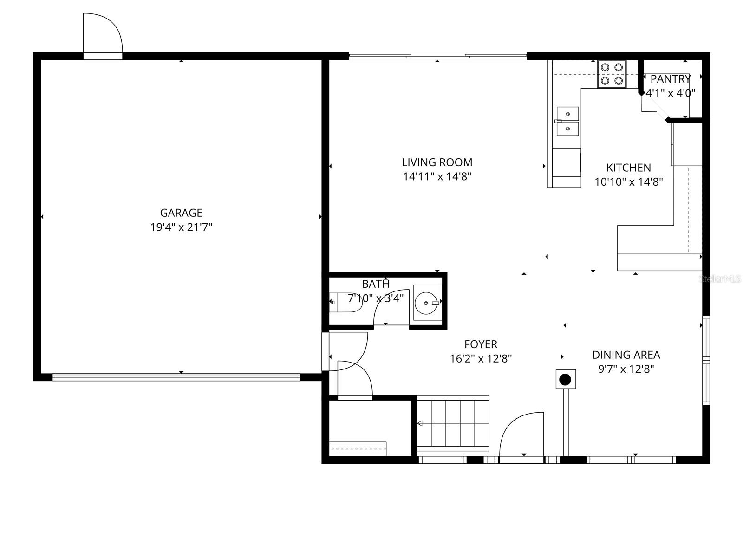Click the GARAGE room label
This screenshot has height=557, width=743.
click(x=181, y=213)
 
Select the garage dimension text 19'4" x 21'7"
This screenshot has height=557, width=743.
click(x=181, y=227)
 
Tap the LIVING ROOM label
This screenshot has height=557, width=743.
click(x=437, y=162)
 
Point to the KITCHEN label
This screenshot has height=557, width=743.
click(x=628, y=168)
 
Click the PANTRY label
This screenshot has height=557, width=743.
click(x=670, y=78)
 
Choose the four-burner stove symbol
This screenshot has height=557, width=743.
click(x=612, y=74)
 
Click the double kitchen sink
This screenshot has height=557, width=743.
click(x=567, y=121)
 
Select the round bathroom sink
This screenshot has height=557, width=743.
click(x=427, y=303)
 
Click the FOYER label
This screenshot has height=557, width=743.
click(x=481, y=344)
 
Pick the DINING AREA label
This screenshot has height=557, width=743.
click(x=626, y=355)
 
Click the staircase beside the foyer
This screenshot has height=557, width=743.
click(x=453, y=423)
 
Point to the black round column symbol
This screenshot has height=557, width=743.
click(x=565, y=380)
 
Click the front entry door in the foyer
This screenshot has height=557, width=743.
click(x=521, y=436)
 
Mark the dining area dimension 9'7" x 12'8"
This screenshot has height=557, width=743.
click(x=626, y=369)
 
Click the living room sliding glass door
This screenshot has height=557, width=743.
click(x=438, y=57)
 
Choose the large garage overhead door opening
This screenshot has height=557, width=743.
click(x=176, y=377)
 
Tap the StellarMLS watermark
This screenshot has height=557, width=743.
click(x=721, y=279)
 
